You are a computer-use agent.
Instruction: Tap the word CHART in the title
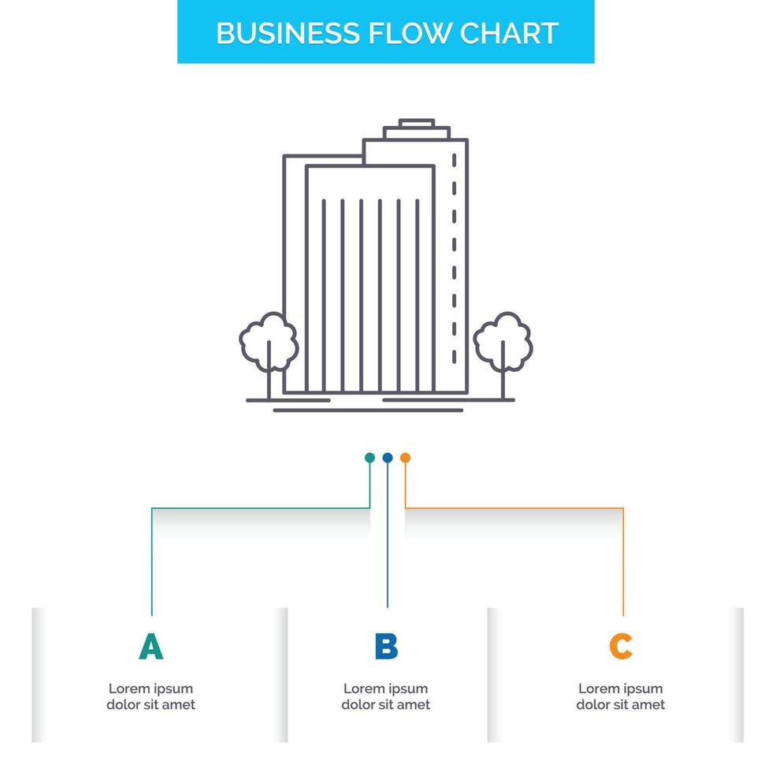pyautogui.click(x=509, y=33)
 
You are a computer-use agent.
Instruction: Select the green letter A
pyautogui.click(x=150, y=647)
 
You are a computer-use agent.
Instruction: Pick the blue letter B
pyautogui.click(x=386, y=647)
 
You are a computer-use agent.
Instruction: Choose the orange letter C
pyautogui.click(x=621, y=647)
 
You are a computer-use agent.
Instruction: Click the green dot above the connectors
pyautogui.click(x=369, y=457)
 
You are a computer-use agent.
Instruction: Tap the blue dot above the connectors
pyautogui.click(x=387, y=457)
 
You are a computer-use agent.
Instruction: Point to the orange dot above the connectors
pyautogui.click(x=405, y=457)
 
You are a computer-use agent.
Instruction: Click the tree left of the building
pyautogui.click(x=269, y=342)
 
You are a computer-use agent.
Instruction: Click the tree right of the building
pyautogui.click(x=503, y=342)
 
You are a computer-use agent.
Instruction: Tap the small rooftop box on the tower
pyautogui.click(x=416, y=124)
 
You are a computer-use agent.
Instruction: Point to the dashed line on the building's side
pyautogui.click(x=454, y=260)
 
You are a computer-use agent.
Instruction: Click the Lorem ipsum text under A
pyautogui.click(x=150, y=696)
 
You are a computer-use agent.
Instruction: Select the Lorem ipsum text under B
pyautogui.click(x=386, y=696)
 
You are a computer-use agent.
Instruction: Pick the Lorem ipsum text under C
pyautogui.click(x=621, y=696)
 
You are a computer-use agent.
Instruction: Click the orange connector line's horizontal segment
pyautogui.click(x=512, y=508)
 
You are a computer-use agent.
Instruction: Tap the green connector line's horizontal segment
pyautogui.click(x=260, y=508)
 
